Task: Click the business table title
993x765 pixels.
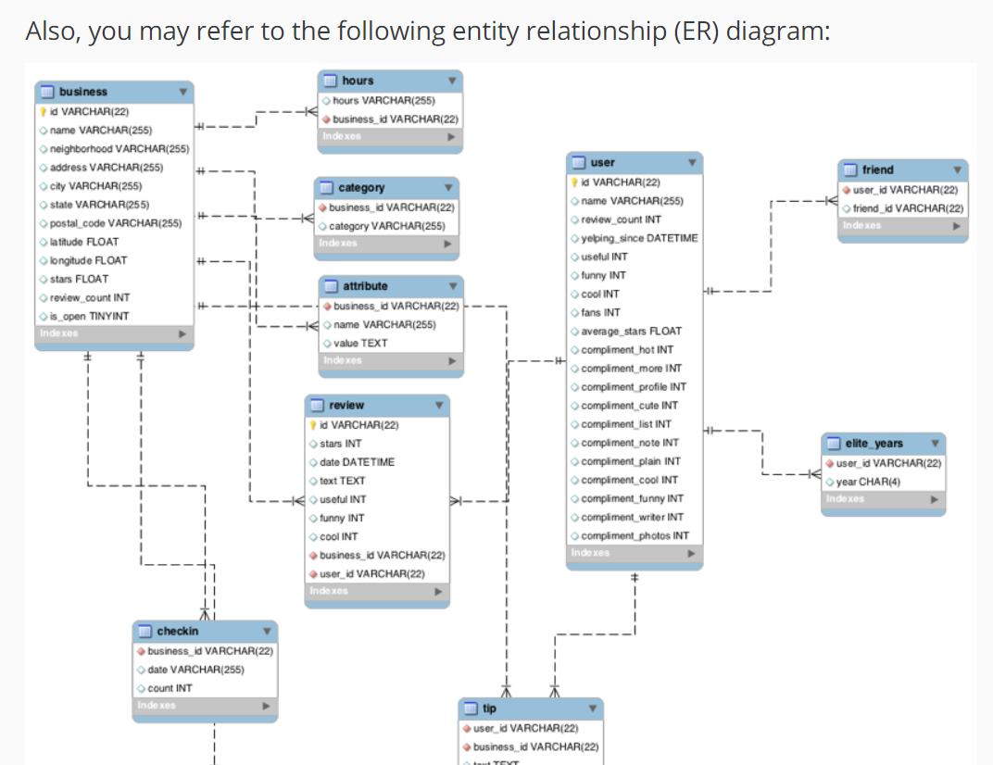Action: (x=83, y=92)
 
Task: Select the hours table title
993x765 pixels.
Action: (x=358, y=82)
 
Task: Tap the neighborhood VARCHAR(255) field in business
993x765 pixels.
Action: (x=119, y=148)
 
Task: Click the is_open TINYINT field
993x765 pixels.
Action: (x=90, y=316)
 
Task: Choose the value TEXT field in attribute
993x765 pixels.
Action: (x=360, y=343)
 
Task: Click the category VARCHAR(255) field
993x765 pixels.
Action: (x=387, y=226)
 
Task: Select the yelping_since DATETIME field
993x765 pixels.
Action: (x=639, y=238)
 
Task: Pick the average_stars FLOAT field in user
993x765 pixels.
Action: (x=631, y=331)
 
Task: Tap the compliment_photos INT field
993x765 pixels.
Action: (x=635, y=535)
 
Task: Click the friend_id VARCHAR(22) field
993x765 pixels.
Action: (x=908, y=208)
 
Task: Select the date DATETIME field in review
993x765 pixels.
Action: (x=357, y=462)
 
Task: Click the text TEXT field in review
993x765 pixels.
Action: (x=342, y=481)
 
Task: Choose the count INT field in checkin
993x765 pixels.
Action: (x=170, y=688)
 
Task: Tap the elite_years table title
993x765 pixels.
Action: (x=874, y=444)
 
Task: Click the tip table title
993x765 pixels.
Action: (x=489, y=709)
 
